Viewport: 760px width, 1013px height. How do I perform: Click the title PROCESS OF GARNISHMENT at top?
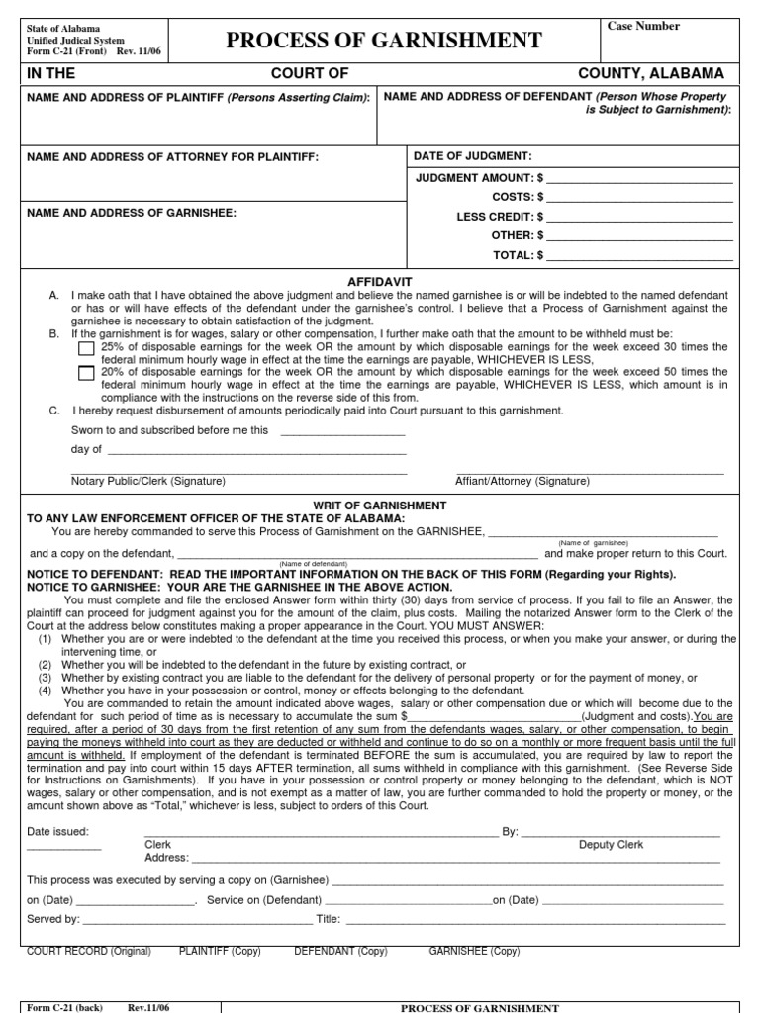384,41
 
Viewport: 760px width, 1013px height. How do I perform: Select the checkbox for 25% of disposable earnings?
87,349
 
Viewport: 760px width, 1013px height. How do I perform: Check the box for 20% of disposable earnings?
87,374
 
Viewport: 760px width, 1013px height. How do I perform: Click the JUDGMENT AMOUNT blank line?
639,178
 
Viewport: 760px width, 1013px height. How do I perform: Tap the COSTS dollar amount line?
639,197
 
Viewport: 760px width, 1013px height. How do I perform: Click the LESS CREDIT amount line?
639,216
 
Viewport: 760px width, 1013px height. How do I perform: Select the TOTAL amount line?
639,254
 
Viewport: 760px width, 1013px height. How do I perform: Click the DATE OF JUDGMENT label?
474,156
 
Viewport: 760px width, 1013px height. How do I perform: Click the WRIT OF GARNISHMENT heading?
380,506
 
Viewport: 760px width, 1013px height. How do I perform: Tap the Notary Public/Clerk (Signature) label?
148,481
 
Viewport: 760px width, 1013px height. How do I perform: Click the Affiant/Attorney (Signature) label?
522,481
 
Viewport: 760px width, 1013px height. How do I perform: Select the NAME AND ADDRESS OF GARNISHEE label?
132,213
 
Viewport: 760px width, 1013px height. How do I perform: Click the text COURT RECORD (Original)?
89,951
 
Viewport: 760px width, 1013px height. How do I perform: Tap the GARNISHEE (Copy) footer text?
474,951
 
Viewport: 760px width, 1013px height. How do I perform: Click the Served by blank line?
197,919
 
